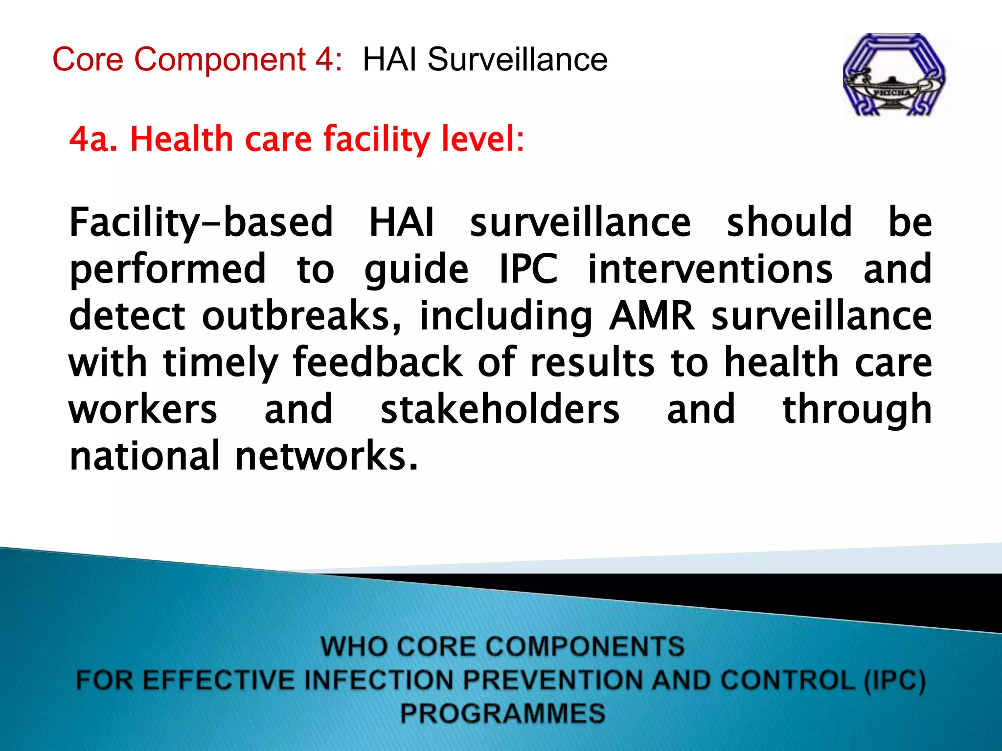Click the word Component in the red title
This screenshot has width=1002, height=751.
pyautogui.click(x=220, y=60)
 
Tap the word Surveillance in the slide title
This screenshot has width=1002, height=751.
pyautogui.click(x=517, y=60)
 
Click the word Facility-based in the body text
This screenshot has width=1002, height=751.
pyautogui.click(x=201, y=223)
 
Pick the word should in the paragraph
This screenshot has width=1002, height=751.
pyautogui.click(x=789, y=222)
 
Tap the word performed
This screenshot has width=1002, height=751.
pyautogui.click(x=168, y=270)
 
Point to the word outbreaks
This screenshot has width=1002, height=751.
pyautogui.click(x=301, y=316)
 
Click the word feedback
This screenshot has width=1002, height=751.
pyautogui.click(x=377, y=362)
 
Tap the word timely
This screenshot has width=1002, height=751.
pyautogui.click(x=220, y=363)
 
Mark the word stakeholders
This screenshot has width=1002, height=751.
pyautogui.click(x=500, y=409)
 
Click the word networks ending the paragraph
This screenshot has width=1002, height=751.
pyautogui.click(x=327, y=456)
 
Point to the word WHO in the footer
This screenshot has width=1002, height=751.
pyautogui.click(x=351, y=646)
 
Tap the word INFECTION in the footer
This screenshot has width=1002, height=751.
pyautogui.click(x=379, y=680)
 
